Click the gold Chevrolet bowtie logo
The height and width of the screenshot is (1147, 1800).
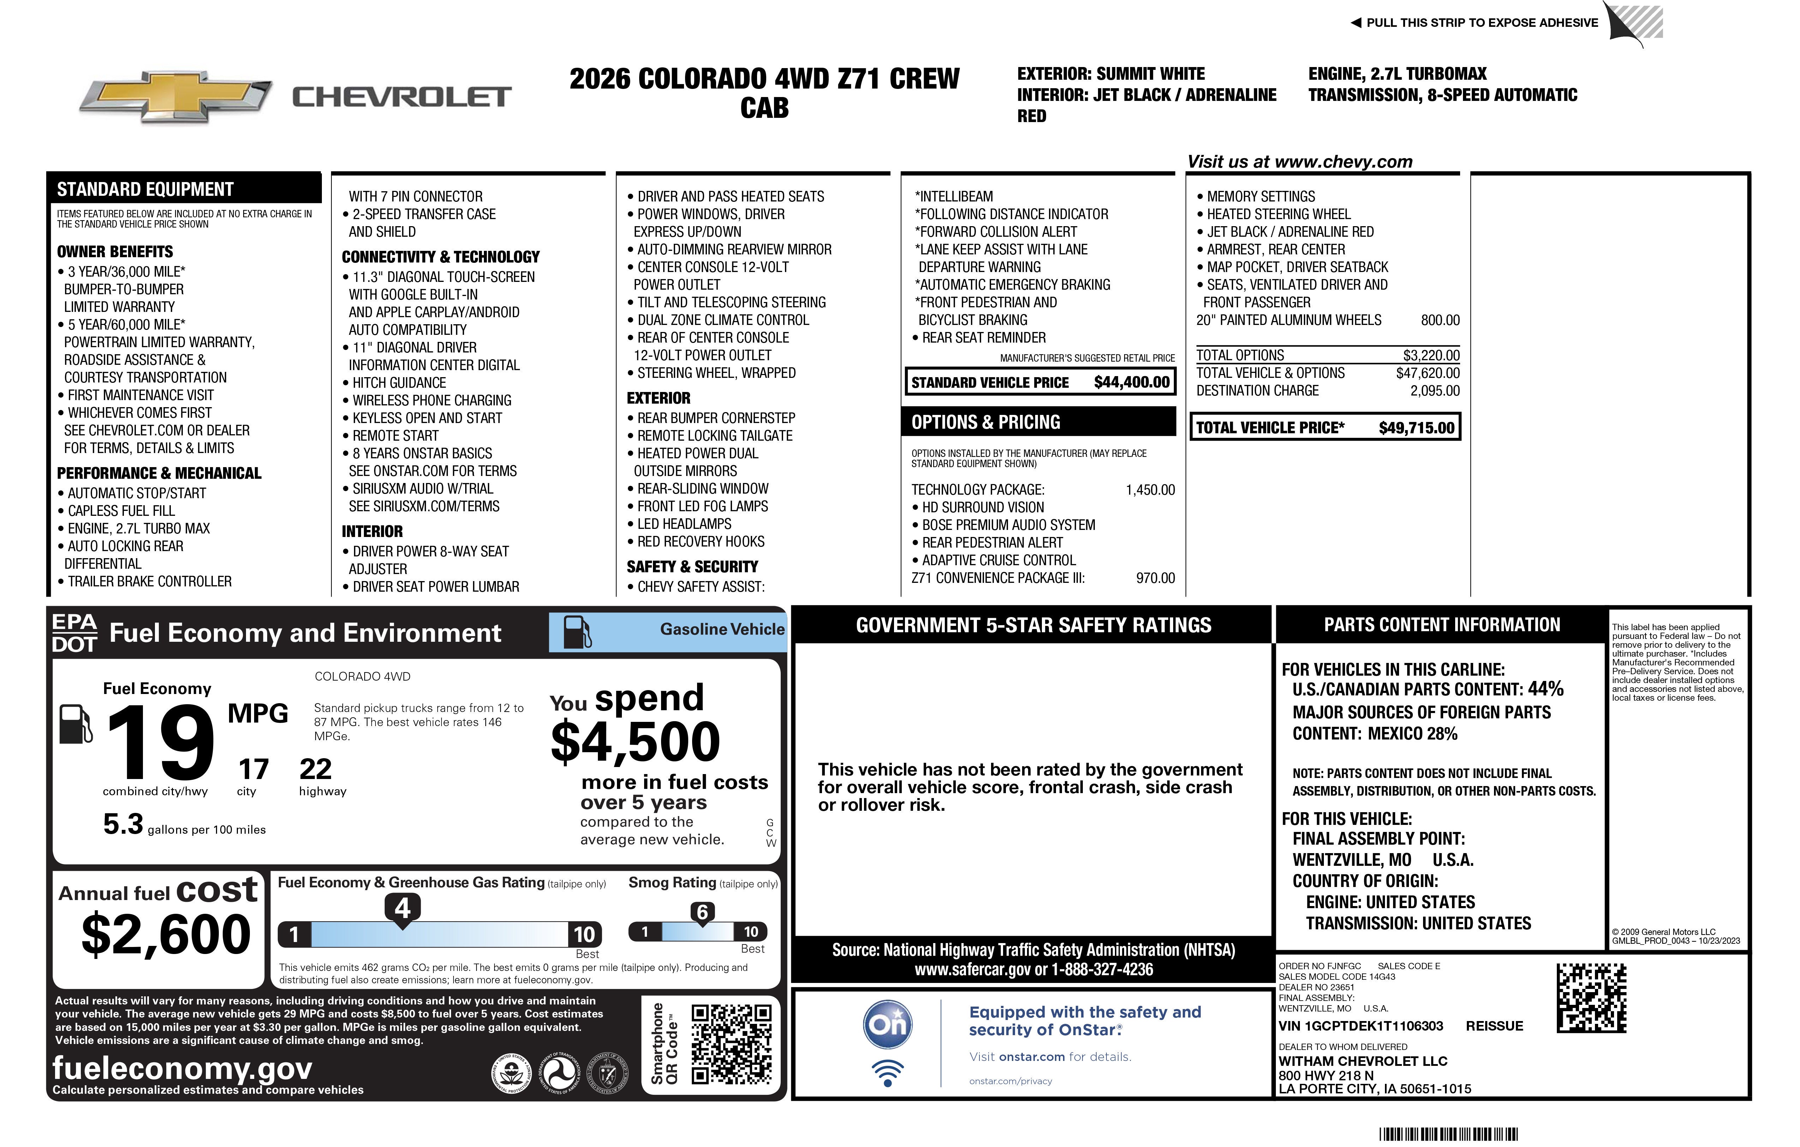tap(176, 97)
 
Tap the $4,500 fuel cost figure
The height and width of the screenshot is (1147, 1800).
tap(635, 742)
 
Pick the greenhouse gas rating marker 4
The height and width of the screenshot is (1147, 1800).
tap(402, 908)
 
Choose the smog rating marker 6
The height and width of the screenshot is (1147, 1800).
tap(702, 912)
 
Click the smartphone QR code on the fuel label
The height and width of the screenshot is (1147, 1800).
tap(731, 1044)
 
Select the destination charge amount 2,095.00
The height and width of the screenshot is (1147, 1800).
tap(1434, 391)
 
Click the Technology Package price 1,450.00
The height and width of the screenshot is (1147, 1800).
tap(1150, 490)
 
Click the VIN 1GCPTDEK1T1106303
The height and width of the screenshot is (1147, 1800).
tap(1361, 1026)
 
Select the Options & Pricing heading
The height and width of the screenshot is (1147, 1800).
tap(985, 422)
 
